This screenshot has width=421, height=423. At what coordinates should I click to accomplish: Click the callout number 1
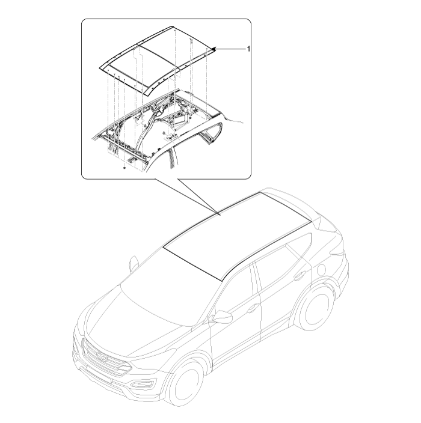[248, 49]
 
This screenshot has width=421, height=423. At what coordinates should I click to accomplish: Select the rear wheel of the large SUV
[314, 309]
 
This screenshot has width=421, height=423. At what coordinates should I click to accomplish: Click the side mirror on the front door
[222, 317]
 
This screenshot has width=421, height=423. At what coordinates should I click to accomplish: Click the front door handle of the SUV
[253, 308]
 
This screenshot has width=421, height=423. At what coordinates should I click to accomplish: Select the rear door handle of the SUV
[298, 276]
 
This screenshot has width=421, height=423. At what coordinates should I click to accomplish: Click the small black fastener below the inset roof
[124, 168]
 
